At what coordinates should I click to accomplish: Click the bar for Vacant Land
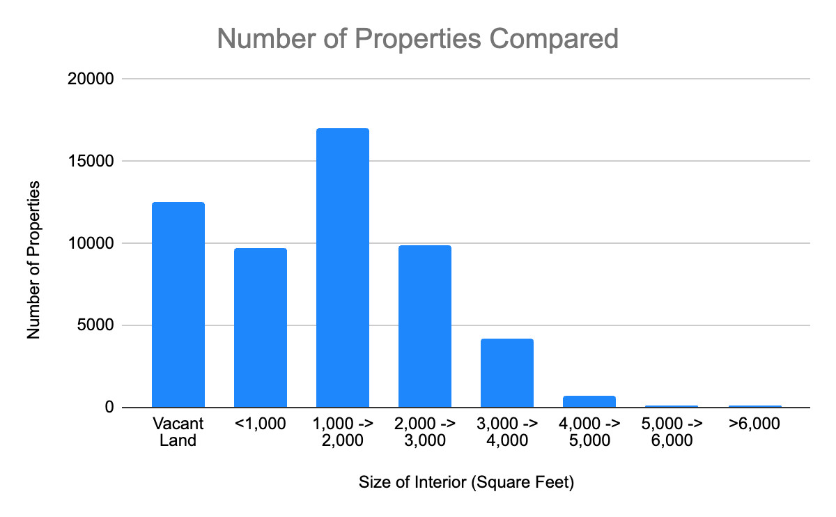pyautogui.click(x=178, y=304)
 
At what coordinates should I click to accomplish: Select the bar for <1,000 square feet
pyautogui.click(x=260, y=327)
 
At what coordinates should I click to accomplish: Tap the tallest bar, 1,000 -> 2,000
pyautogui.click(x=342, y=268)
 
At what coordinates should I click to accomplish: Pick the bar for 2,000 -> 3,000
pyautogui.click(x=424, y=326)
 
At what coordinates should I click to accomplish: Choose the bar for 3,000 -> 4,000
pyautogui.click(x=506, y=373)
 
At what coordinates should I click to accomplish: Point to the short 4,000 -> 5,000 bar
pyautogui.click(x=589, y=401)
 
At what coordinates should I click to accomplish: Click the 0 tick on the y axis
pyautogui.click(x=109, y=408)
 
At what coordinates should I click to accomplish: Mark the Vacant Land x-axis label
pyautogui.click(x=178, y=432)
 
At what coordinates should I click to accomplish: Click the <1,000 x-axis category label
pyautogui.click(x=260, y=424)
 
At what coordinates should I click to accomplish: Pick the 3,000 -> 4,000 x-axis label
pyautogui.click(x=506, y=432)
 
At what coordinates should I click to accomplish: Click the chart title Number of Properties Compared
pyautogui.click(x=417, y=38)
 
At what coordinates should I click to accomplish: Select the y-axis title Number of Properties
pyautogui.click(x=33, y=259)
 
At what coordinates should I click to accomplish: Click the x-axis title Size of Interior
pyautogui.click(x=465, y=483)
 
